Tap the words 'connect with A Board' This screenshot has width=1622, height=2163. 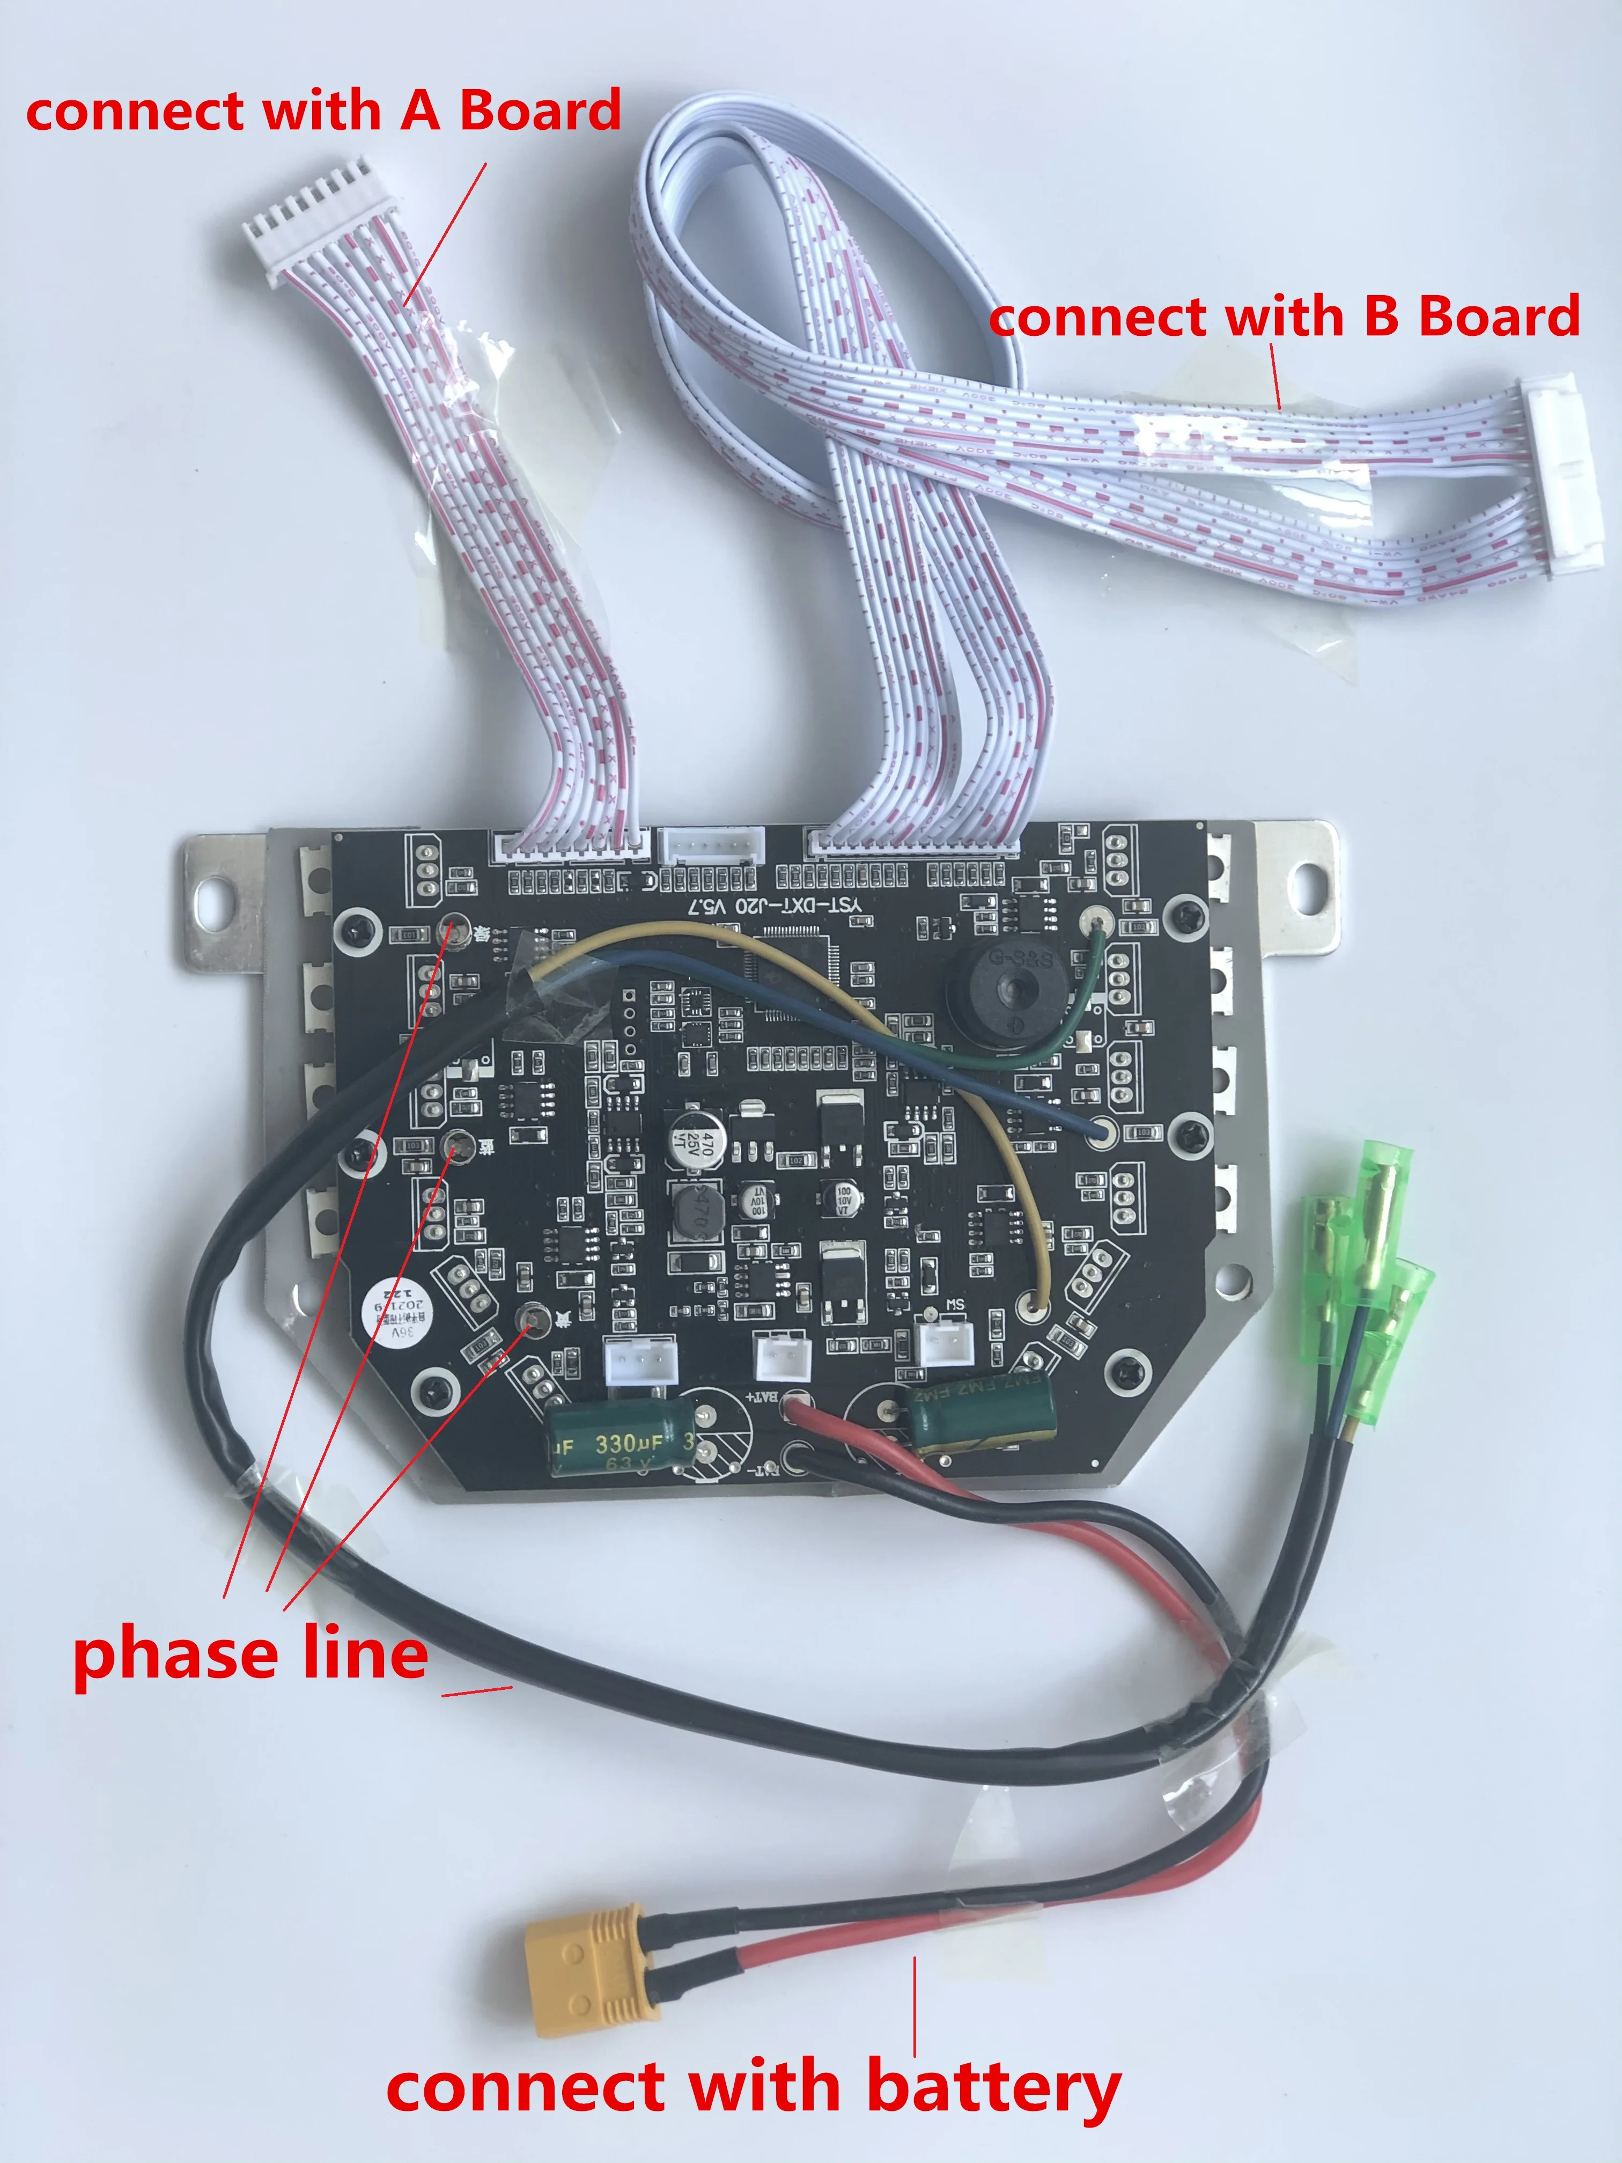click(x=323, y=111)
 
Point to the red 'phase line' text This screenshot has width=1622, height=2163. click(x=250, y=1653)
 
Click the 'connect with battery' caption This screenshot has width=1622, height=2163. click(x=753, y=2086)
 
